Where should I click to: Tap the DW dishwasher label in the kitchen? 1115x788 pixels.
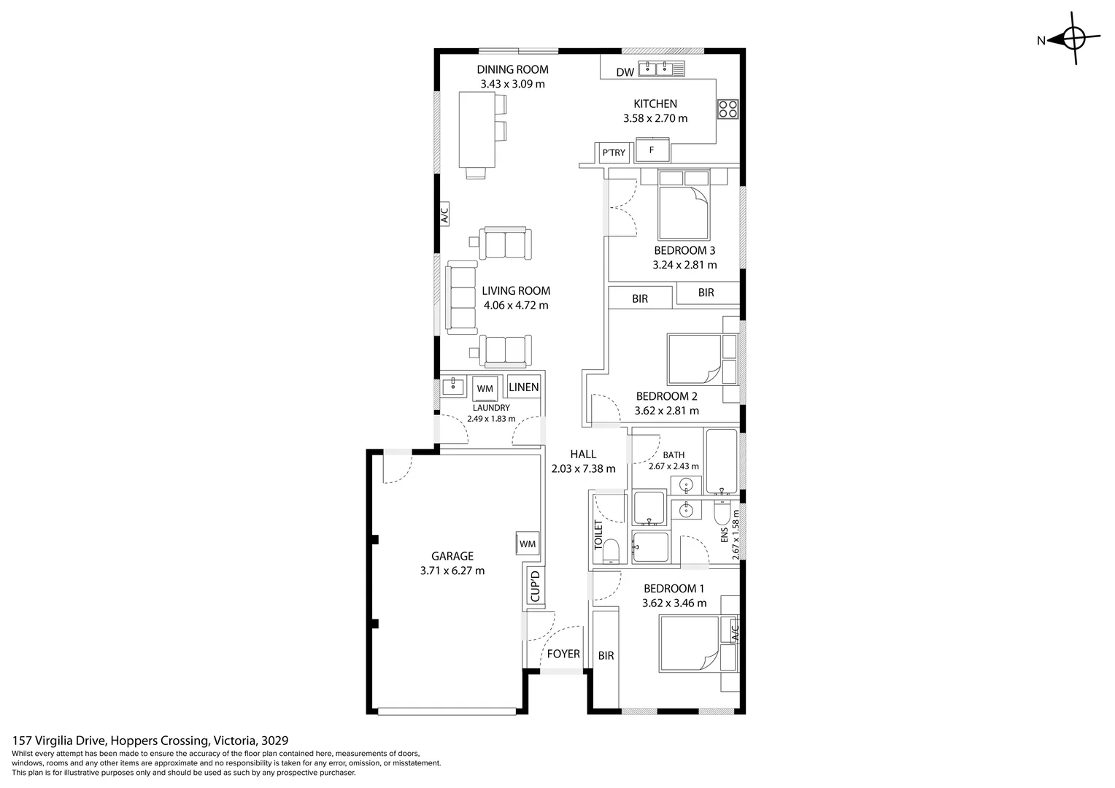point(625,72)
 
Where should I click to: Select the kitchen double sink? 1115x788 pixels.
point(662,68)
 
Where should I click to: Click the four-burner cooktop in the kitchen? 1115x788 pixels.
point(728,109)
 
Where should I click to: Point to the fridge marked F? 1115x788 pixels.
point(652,150)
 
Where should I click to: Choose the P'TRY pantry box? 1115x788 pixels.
point(613,152)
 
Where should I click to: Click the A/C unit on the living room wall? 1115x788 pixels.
point(444,214)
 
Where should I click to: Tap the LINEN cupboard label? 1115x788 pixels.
point(524,387)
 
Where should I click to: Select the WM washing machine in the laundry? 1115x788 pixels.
point(485,387)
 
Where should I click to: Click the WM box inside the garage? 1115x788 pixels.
point(528,544)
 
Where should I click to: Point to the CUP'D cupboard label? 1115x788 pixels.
point(535,587)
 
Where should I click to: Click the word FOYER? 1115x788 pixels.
point(563,654)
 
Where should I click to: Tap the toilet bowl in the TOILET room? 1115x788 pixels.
point(611,551)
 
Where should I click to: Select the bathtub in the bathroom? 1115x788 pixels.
point(721,460)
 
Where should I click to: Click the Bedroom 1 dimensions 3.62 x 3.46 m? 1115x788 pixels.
point(674,603)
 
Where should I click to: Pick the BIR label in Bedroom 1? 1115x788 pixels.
point(606,656)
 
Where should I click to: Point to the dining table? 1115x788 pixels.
point(477,129)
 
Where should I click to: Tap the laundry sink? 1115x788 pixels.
point(453,386)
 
